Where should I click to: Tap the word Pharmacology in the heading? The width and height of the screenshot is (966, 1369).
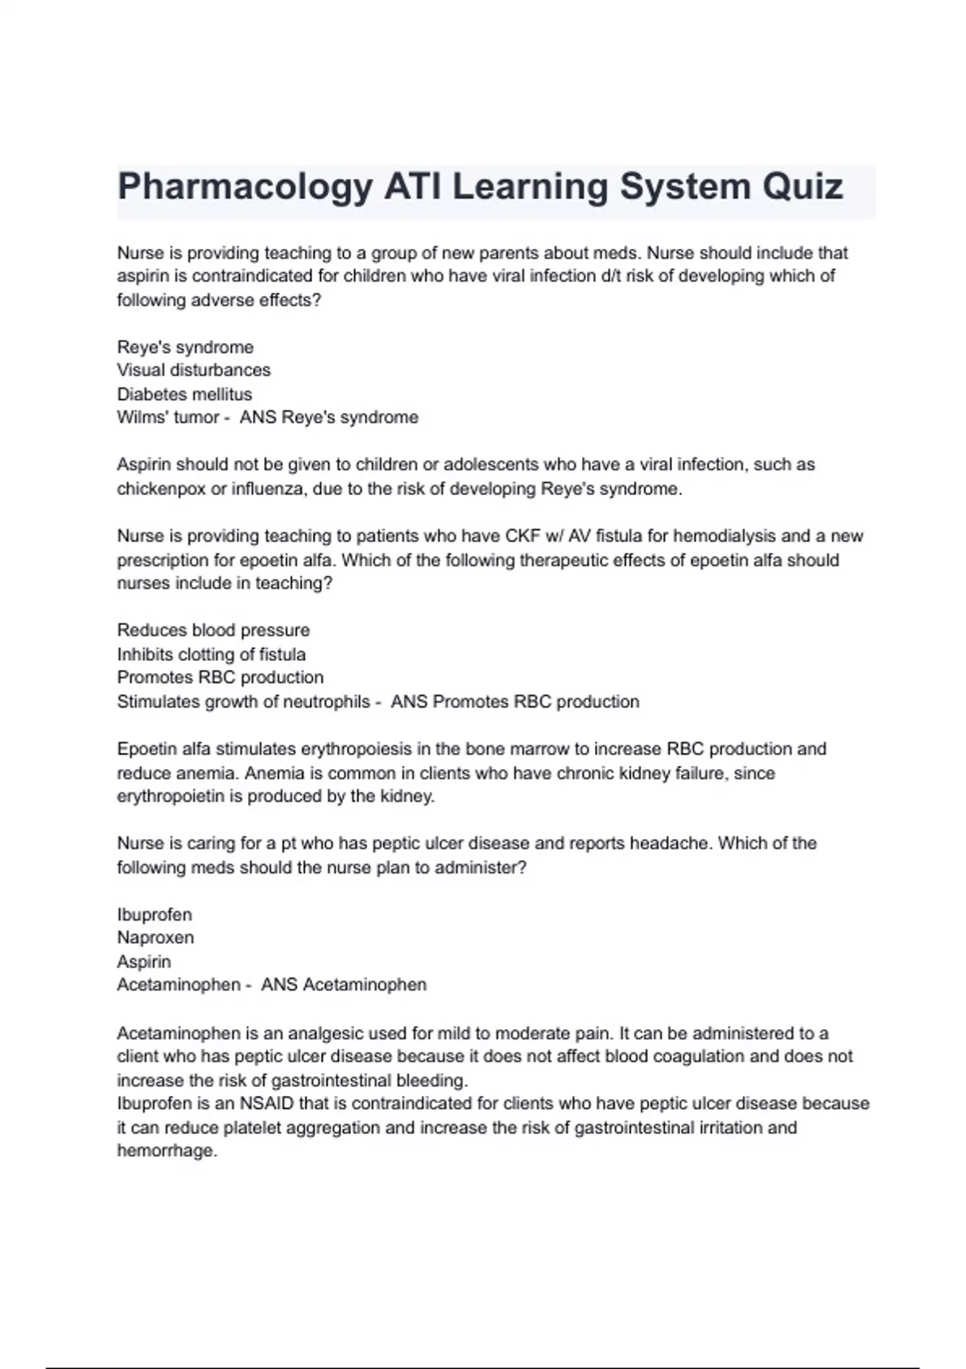pos(245,188)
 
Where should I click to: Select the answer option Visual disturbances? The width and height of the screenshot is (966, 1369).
pos(193,370)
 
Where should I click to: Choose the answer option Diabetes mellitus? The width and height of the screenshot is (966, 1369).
pos(184,394)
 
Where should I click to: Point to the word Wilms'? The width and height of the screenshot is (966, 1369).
pos(142,417)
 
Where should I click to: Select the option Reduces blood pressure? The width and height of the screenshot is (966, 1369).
pos(213,631)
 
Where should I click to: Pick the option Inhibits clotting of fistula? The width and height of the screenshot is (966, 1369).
pos(211,655)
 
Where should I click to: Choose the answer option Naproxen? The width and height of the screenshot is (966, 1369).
pos(155,938)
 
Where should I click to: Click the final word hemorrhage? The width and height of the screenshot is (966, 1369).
pos(167,1152)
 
